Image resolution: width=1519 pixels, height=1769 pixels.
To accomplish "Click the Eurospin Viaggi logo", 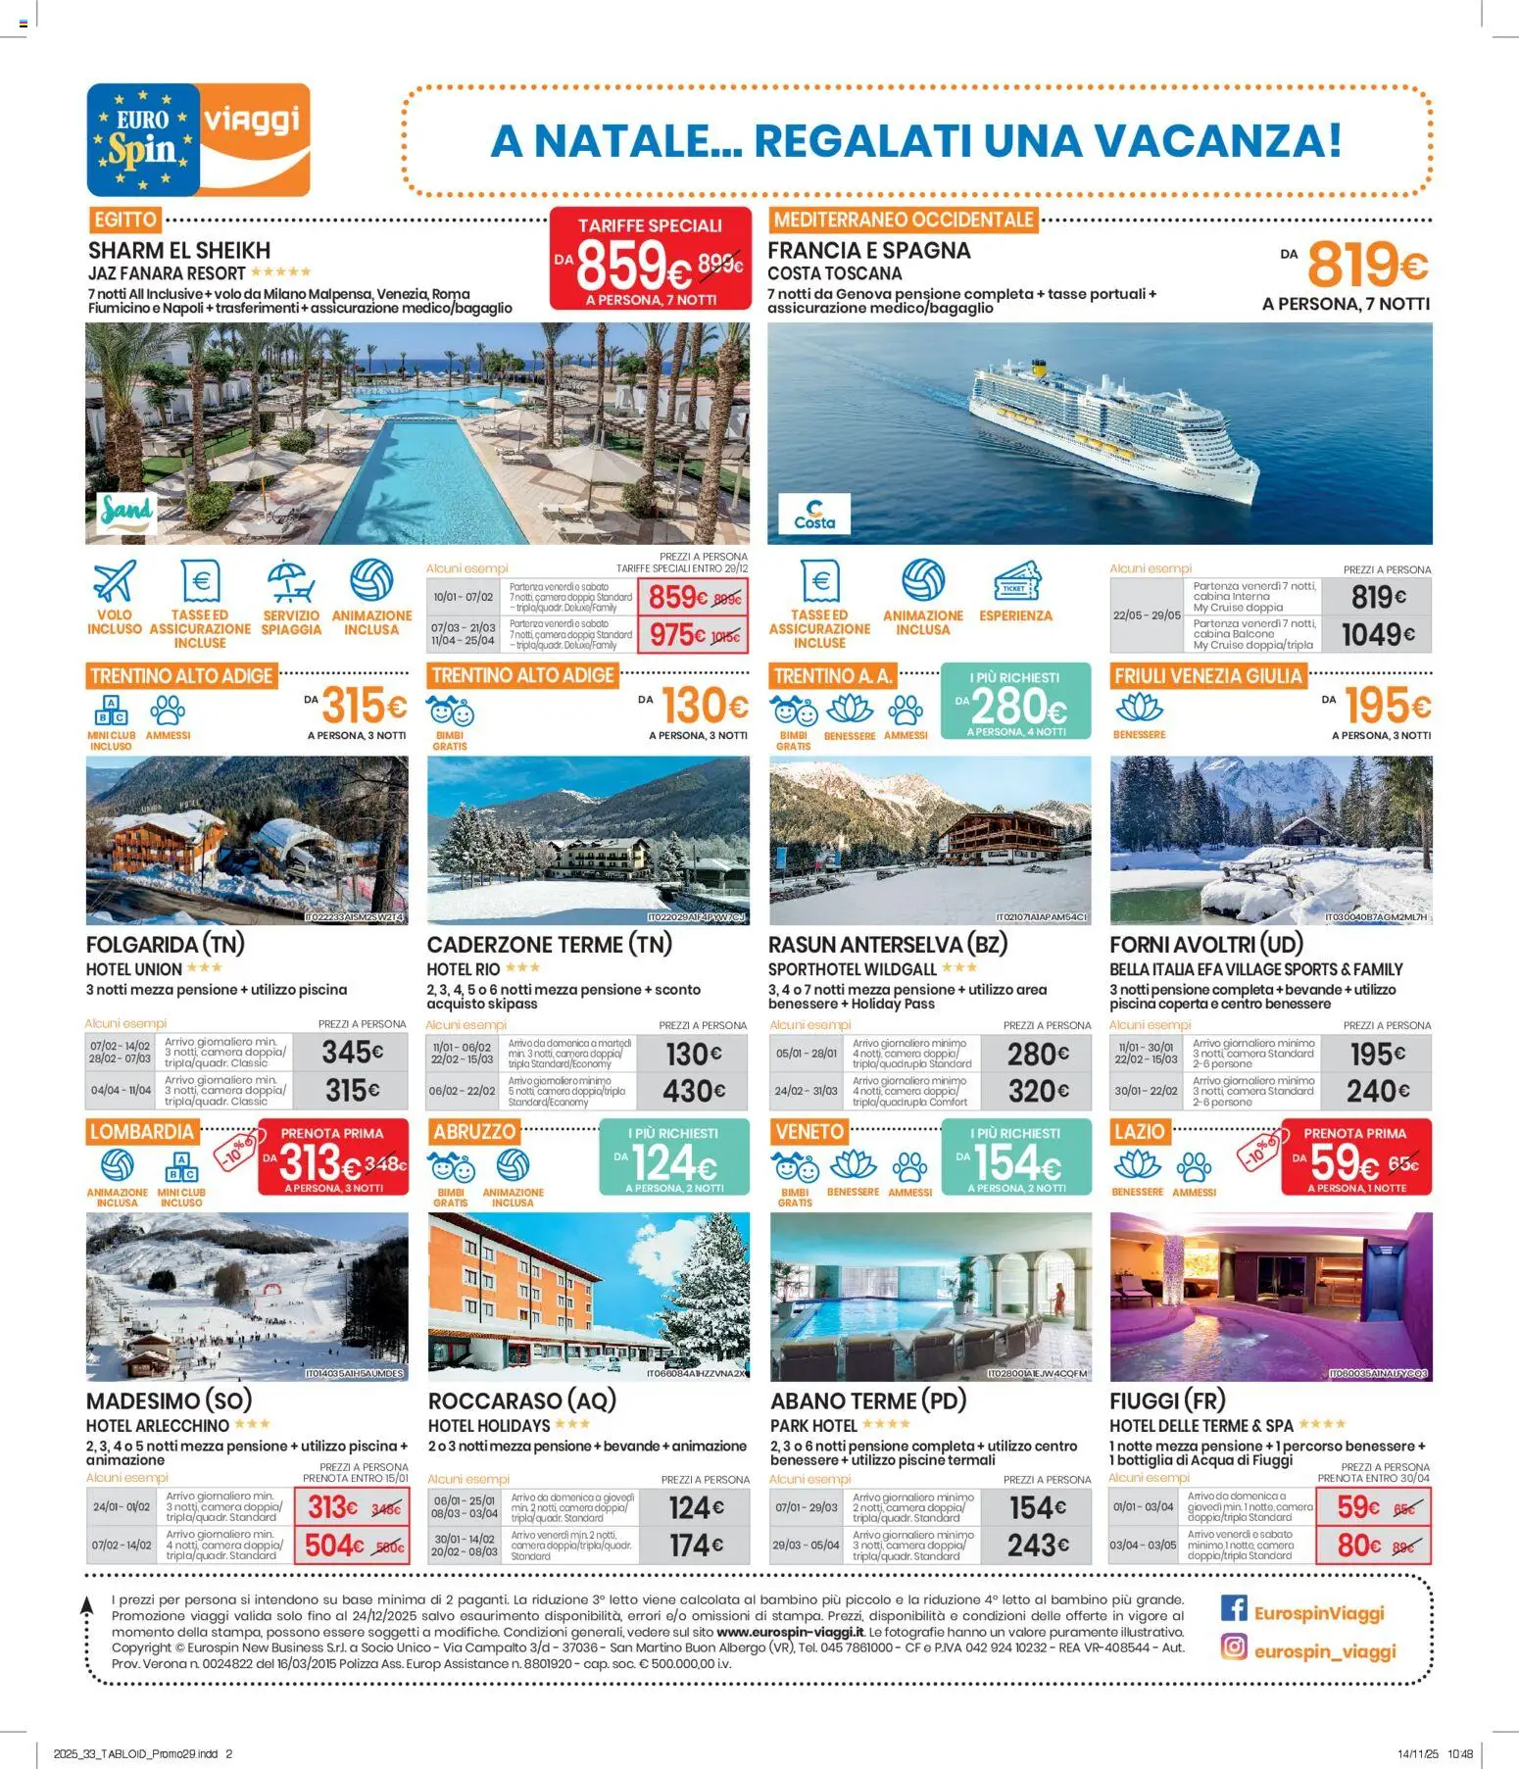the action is click(x=198, y=139).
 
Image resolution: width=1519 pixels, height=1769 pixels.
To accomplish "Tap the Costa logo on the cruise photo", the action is click(x=814, y=514).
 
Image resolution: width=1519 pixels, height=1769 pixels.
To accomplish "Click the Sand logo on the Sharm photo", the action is click(x=126, y=513).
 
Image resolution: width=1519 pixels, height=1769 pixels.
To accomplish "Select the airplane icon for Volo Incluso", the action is click(x=115, y=580).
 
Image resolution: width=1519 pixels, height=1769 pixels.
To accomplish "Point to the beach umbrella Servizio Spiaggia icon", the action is click(x=291, y=580).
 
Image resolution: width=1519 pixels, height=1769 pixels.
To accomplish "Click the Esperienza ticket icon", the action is click(x=1015, y=580).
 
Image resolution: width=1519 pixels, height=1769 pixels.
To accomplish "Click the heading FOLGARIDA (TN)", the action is click(x=166, y=945).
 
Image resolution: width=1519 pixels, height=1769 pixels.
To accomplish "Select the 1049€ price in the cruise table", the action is click(x=1377, y=635).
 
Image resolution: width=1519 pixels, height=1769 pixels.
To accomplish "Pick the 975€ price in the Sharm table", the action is click(x=677, y=635).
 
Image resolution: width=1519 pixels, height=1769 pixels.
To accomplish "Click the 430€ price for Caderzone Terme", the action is click(x=694, y=1091).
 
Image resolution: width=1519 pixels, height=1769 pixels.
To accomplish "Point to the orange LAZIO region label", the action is click(x=1139, y=1132).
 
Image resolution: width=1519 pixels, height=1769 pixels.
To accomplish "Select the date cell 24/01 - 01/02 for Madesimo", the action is click(x=122, y=1507).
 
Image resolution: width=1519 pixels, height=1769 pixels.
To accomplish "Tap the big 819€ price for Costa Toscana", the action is click(x=1367, y=265).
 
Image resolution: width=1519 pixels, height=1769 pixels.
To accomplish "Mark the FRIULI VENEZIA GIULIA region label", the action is click(x=1207, y=675).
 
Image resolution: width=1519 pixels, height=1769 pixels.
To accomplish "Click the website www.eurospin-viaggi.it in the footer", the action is click(x=790, y=1632).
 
